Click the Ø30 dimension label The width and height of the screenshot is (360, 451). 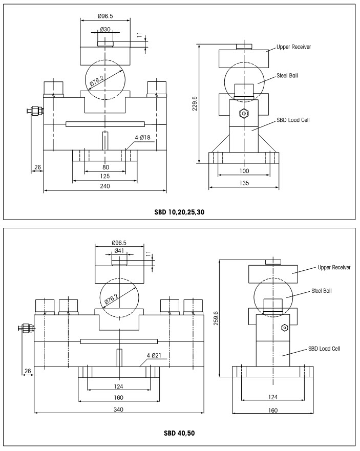pos(105,30)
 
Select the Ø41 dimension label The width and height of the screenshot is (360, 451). pos(119,251)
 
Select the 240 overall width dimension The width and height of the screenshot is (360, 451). pos(105,186)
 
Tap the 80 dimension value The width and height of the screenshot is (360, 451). pos(105,167)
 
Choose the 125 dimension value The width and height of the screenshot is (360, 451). pos(105,177)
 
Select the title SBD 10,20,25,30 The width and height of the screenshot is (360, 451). pos(180,210)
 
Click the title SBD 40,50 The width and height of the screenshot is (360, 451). pos(180,433)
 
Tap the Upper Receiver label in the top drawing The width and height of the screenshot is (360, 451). pos(293,47)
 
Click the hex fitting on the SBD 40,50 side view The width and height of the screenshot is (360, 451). pos(283,327)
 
